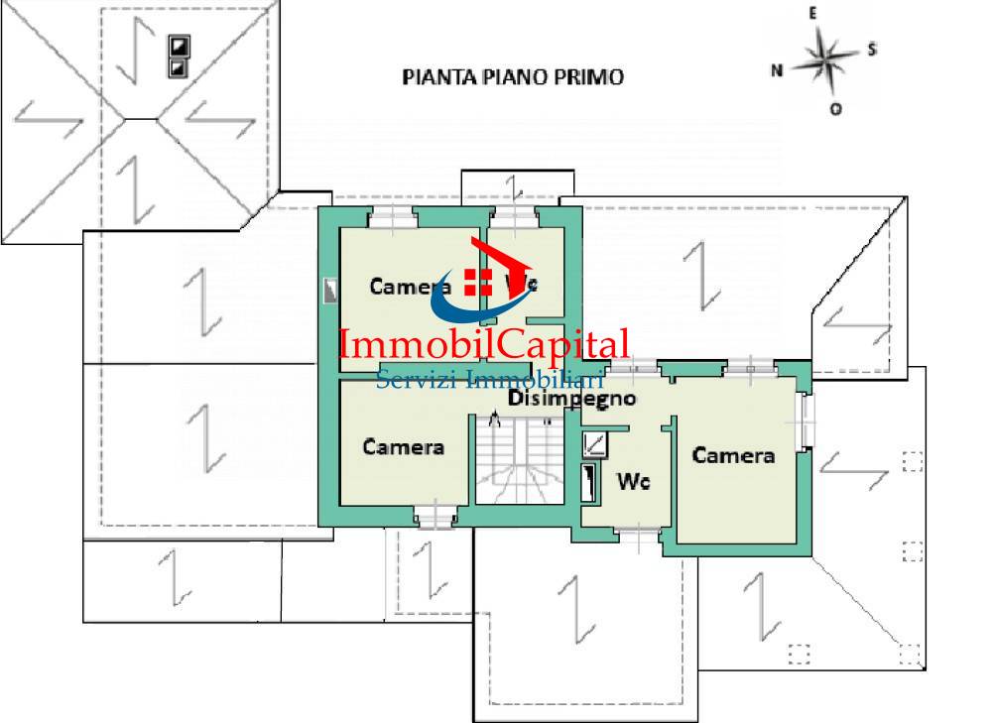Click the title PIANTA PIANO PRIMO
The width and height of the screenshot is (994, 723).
click(x=513, y=77)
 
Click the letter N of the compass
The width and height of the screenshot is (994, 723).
click(x=778, y=69)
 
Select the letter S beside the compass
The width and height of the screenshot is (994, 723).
click(x=871, y=50)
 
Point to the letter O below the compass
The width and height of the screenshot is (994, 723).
click(x=835, y=109)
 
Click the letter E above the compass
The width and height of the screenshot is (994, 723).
click(x=812, y=14)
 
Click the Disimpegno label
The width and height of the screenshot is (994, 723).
click(x=571, y=399)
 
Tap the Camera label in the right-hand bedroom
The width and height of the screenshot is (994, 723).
click(x=733, y=455)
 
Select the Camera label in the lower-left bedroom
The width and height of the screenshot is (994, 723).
click(x=403, y=446)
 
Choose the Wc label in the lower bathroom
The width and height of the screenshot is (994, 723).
click(x=633, y=482)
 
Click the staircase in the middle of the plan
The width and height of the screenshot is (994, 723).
click(x=511, y=461)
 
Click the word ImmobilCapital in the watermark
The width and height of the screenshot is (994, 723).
click(x=484, y=345)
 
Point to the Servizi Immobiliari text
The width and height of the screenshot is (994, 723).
click(x=490, y=379)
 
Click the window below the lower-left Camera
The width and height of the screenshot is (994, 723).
click(x=435, y=517)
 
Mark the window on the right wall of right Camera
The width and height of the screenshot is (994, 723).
click(x=806, y=421)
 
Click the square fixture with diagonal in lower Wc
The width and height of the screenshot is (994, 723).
click(x=595, y=443)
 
